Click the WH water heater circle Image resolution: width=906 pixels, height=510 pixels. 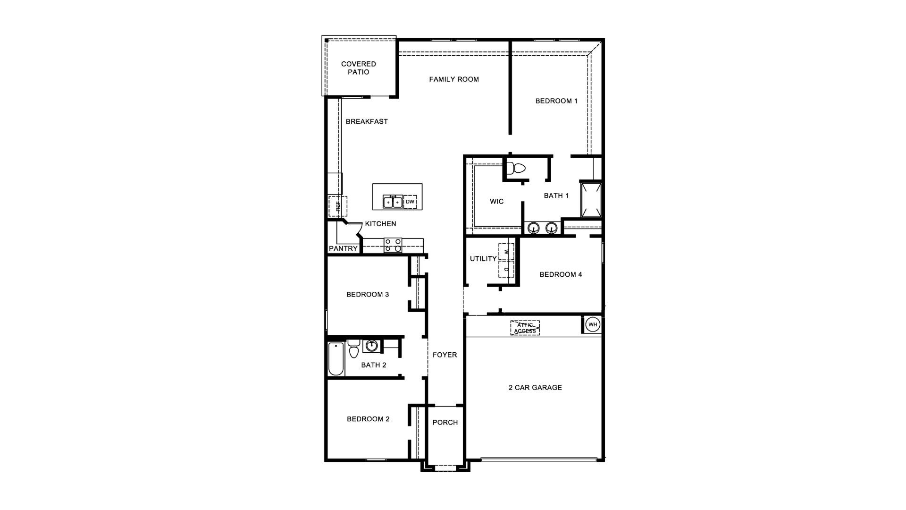click(593, 325)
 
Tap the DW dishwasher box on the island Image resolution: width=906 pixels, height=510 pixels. click(410, 202)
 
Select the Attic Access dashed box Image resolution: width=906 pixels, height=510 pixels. click(525, 328)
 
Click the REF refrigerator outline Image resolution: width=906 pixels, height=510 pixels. click(338, 206)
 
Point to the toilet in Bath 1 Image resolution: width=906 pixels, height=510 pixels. click(518, 168)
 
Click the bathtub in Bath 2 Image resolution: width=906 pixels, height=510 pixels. click(336, 359)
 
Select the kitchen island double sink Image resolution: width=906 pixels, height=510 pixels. click(392, 202)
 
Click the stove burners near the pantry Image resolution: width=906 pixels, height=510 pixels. click(393, 245)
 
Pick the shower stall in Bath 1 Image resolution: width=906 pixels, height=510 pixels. click(591, 200)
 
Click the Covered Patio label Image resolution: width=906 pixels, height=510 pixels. click(359, 68)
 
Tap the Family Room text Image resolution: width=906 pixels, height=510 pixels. click(454, 79)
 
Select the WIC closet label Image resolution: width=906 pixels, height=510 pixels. click(496, 202)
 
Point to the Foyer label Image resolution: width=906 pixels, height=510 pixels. click(445, 355)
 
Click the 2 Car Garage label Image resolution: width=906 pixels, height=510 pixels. click(535, 388)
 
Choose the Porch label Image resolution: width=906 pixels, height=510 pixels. click(445, 423)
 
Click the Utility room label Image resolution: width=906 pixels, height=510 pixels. click(483, 259)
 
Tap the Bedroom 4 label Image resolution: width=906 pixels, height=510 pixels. click(561, 274)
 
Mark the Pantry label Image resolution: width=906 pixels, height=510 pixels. click(343, 249)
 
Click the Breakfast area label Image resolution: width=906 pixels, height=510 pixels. click(367, 121)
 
